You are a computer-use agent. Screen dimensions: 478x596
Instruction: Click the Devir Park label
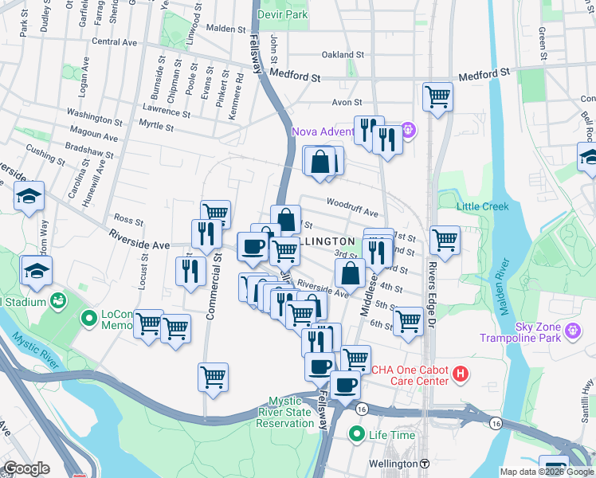pos(291,15)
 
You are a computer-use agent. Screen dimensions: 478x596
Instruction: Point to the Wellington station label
pos(394,464)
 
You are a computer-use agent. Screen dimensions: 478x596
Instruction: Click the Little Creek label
pos(482,207)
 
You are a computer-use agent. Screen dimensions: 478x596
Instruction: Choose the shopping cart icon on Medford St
pos(437,97)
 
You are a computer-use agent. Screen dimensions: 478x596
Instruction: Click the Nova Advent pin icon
pos(409,128)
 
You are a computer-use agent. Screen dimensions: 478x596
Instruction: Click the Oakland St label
pos(343,56)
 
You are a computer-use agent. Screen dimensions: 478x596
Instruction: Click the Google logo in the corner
pos(26,468)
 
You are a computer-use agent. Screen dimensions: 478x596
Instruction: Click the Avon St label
pos(347,102)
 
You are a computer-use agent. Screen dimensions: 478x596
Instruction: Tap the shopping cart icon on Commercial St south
pos(213,377)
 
